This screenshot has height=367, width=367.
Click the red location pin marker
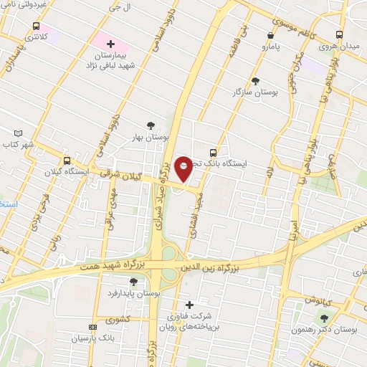pos(184,168)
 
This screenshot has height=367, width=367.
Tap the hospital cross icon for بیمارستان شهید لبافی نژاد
pos(110,44)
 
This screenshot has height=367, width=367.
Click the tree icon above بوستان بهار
pos(151,125)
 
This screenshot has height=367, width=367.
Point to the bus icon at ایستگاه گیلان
pos(67,161)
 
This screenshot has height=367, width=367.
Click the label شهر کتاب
pos(18,145)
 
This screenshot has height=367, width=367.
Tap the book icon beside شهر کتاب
pos(18,133)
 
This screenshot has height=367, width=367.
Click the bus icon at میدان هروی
pos(338,34)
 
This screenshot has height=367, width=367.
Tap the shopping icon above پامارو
pos(270,35)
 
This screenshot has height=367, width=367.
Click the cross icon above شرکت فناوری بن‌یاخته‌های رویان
pos(189,305)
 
